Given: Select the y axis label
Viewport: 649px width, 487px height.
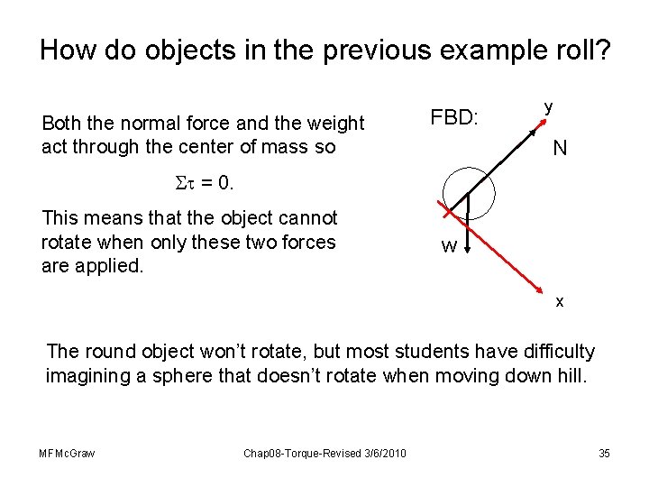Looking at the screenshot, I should (x=547, y=106).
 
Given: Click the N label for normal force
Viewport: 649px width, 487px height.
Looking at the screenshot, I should (x=560, y=148).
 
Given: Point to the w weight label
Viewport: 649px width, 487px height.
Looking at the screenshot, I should (x=447, y=246).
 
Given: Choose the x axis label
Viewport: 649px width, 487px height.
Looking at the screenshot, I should (x=560, y=301).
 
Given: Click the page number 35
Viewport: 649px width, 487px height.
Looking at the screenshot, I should (x=604, y=453).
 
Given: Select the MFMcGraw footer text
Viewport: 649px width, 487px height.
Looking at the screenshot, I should (x=68, y=453).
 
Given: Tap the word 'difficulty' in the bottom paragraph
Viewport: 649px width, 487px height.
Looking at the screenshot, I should (x=549, y=351).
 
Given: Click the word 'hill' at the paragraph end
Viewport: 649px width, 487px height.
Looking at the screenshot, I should (x=570, y=375).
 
